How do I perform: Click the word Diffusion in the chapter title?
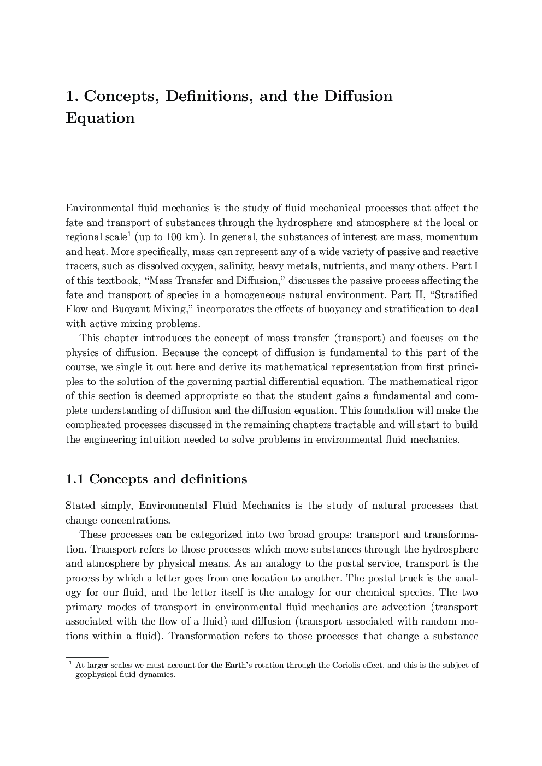pos(358,96)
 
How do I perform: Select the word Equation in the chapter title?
pos(100,118)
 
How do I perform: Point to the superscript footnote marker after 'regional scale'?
pos(129,234)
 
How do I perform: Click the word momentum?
pos(452,237)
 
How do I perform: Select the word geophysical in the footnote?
pos(97,675)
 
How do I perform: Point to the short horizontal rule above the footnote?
pos(87,657)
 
